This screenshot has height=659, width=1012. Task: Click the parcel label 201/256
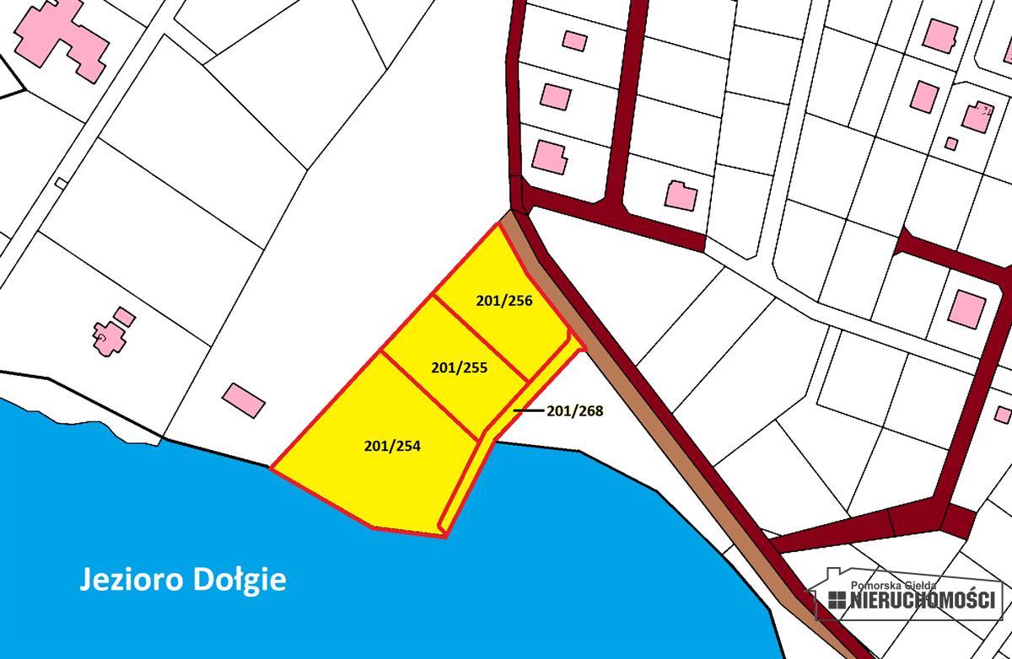503,299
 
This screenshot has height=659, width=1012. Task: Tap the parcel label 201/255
459,367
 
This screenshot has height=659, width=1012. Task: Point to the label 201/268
575,411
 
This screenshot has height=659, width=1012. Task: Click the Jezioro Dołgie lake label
183,580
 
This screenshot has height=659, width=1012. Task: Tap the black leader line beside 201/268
528,411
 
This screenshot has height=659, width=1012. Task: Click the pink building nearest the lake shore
244,399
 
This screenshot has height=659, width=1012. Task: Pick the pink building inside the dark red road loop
966,308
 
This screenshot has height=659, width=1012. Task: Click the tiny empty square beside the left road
61,183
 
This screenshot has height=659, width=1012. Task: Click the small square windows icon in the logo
836,600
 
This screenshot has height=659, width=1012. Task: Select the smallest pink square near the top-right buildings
950,143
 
